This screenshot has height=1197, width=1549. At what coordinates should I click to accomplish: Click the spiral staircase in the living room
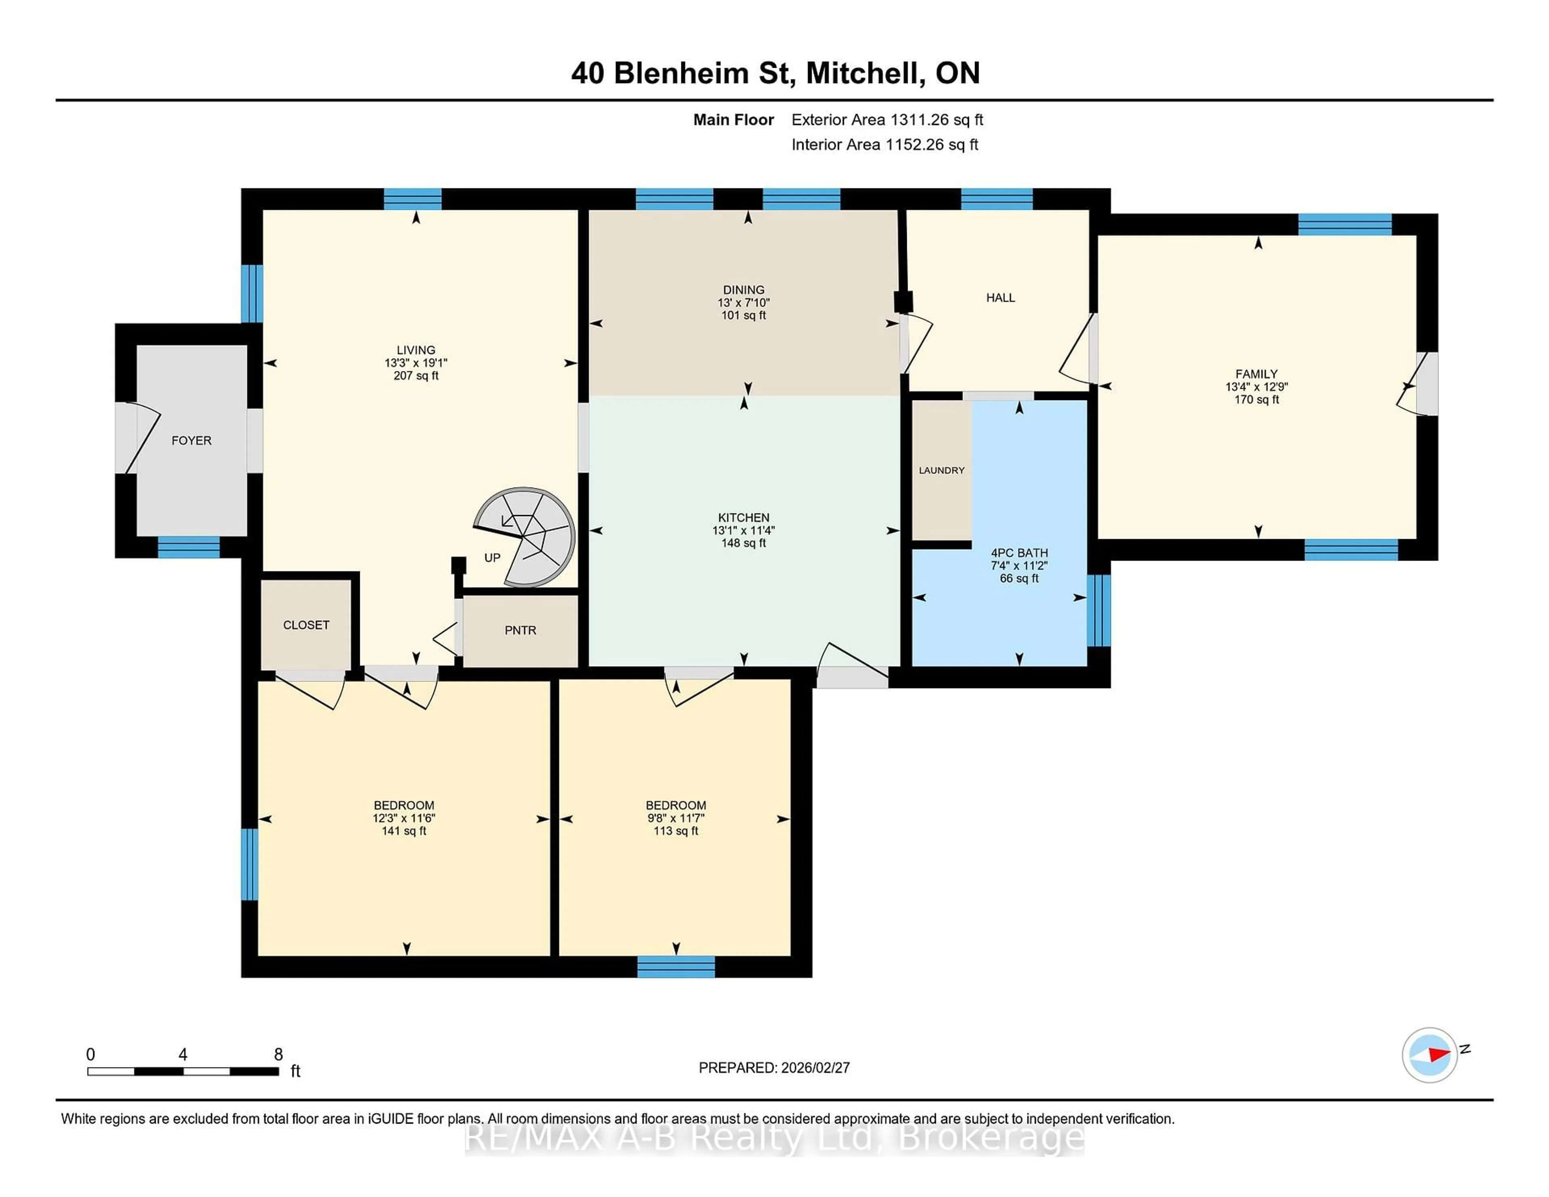pyautogui.click(x=526, y=537)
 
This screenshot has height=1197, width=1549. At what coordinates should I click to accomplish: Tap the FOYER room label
pyautogui.click(x=192, y=440)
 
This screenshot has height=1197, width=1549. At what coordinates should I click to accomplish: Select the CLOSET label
pyautogui.click(x=307, y=625)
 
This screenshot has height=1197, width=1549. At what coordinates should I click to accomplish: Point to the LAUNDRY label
pyautogui.click(x=941, y=470)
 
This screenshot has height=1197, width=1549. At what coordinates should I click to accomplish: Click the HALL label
pyautogui.click(x=1000, y=298)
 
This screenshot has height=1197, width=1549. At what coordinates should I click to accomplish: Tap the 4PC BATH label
pyautogui.click(x=1019, y=553)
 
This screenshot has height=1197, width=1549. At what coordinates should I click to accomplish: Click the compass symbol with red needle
pyautogui.click(x=1429, y=1055)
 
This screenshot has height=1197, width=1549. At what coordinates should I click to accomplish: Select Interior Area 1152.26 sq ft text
pyautogui.click(x=885, y=145)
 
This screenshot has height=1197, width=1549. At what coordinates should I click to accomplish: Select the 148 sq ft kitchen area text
pyautogui.click(x=743, y=543)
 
